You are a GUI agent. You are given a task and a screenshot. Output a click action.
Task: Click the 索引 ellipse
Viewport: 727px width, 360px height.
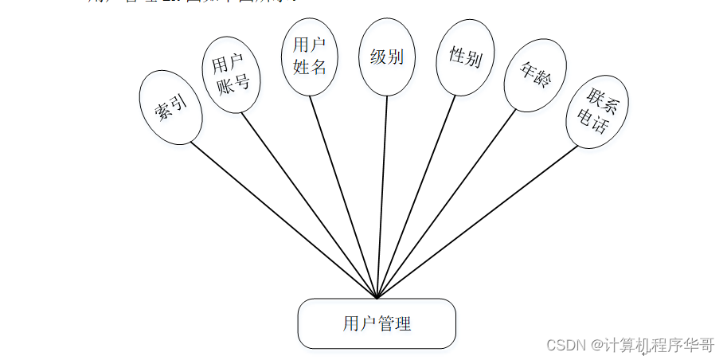pyautogui.click(x=170, y=108)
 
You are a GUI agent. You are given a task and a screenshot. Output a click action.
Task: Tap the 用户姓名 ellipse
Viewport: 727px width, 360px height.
pyautogui.click(x=310, y=57)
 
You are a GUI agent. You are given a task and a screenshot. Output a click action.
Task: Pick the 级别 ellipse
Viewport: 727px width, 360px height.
pyautogui.click(x=387, y=57)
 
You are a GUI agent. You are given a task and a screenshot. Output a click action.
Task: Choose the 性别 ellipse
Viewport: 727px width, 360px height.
pyautogui.click(x=465, y=57)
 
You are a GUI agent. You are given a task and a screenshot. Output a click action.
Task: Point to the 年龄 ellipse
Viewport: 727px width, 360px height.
pyautogui.click(x=535, y=75)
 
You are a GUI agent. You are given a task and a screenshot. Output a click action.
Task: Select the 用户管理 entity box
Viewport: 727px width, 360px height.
pyautogui.click(x=377, y=323)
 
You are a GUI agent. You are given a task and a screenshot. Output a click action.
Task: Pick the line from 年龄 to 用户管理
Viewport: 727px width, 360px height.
pyautogui.click(x=446, y=204)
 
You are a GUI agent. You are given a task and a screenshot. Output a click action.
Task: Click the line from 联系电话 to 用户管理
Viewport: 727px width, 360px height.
pyautogui.click(x=477, y=222)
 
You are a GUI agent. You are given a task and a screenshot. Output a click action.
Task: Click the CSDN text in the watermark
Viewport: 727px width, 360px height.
pyautogui.click(x=565, y=345)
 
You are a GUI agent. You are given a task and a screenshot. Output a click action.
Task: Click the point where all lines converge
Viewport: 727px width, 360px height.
pyautogui.click(x=377, y=298)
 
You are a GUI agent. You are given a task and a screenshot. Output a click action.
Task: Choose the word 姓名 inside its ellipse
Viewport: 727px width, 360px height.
pyautogui.click(x=310, y=67)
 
